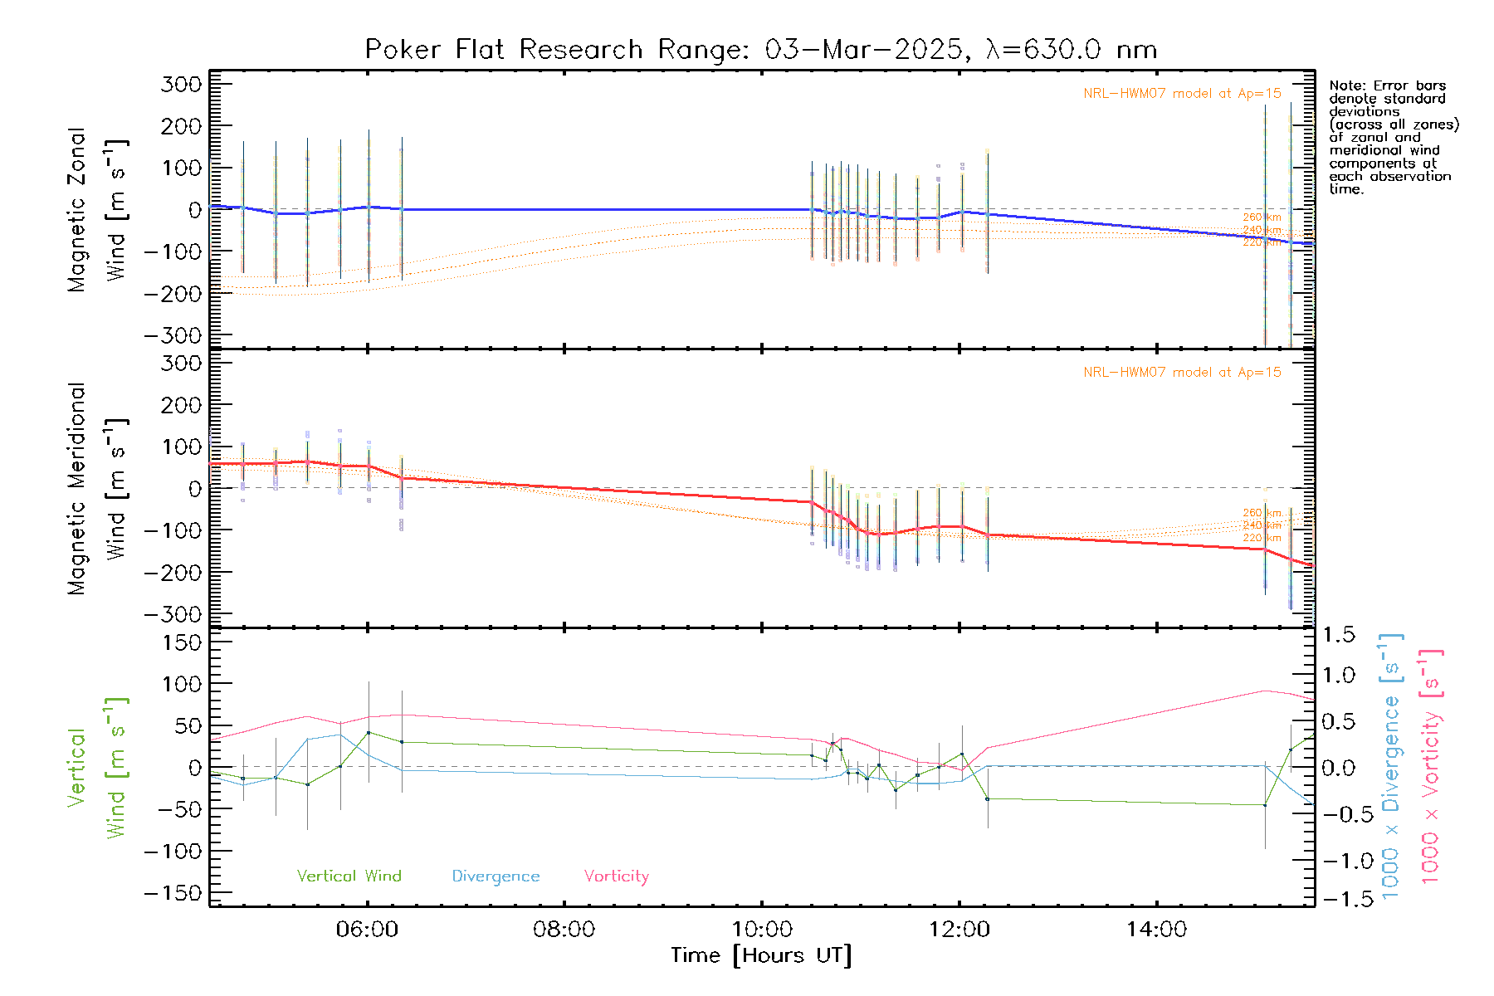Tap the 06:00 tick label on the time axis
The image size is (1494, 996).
[x=367, y=930]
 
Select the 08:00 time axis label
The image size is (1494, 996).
[x=564, y=930]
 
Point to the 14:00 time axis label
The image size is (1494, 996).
[x=1156, y=930]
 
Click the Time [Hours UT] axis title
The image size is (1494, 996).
[x=761, y=955]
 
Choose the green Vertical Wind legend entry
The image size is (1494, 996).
[x=349, y=876]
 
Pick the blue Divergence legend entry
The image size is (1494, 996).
[x=496, y=876]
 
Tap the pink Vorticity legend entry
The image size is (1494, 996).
[x=616, y=876]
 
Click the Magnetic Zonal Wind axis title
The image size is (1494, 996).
[x=98, y=209]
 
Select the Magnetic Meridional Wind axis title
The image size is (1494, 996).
[x=98, y=489]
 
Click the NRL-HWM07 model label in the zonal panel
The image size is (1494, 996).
[x=1182, y=94]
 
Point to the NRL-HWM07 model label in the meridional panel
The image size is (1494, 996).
[x=1182, y=373]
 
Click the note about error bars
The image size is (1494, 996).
[x=1393, y=137]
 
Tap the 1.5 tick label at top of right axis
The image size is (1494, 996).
[x=1338, y=635]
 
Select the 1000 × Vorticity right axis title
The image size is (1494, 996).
[x=1430, y=766]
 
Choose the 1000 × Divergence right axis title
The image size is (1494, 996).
[x=1390, y=766]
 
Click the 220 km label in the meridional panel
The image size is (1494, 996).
[x=1262, y=538]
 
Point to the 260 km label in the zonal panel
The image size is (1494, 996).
[x=1262, y=217]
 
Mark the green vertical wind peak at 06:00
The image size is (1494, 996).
[x=369, y=732]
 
